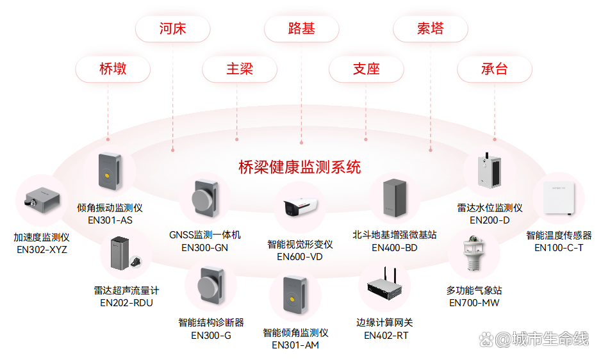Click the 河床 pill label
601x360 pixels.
point(172,29)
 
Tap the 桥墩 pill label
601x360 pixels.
point(113,69)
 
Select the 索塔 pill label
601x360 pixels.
point(430,29)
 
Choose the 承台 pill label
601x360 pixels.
point(494,69)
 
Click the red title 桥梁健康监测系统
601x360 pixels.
point(299,167)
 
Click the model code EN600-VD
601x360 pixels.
point(300,257)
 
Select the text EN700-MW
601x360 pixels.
point(474,303)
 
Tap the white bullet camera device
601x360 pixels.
point(300,206)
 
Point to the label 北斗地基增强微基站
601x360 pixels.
point(394,235)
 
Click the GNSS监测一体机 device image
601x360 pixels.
point(202,200)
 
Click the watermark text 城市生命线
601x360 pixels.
point(550,339)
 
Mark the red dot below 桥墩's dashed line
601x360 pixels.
point(108,139)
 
